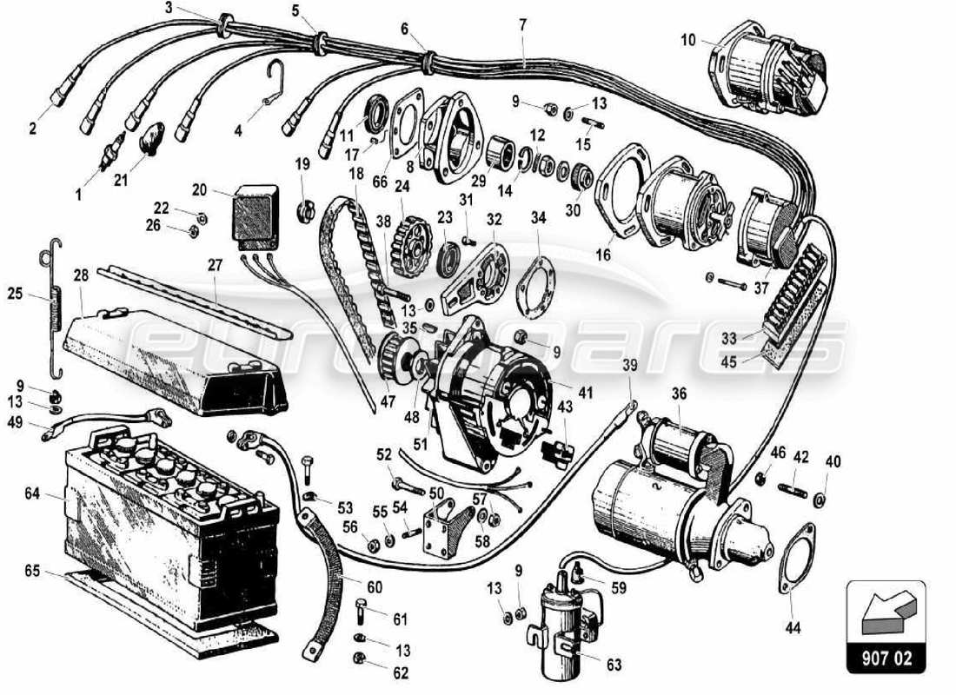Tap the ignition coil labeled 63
click(x=555, y=621)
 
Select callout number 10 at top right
click(x=687, y=39)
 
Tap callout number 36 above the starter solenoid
click(x=679, y=393)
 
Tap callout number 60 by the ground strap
click(x=375, y=587)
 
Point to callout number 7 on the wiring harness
click(x=523, y=24)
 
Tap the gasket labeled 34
click(x=533, y=283)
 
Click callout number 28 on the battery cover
click(x=81, y=275)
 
